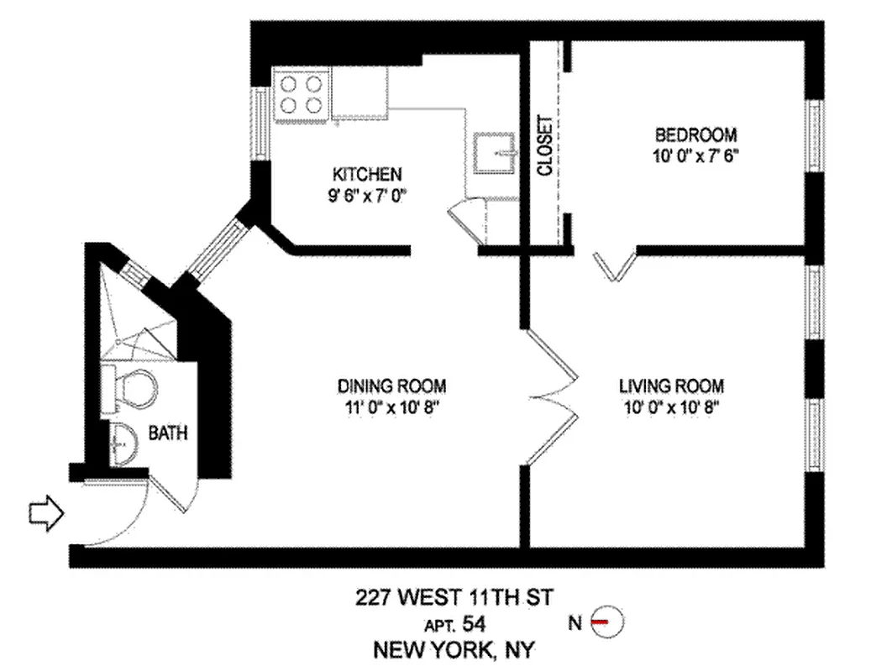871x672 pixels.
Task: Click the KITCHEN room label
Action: [x=367, y=175]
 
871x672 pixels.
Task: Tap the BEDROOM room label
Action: [x=696, y=134]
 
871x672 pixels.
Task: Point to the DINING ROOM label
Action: [x=391, y=386]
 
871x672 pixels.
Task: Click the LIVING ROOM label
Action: [x=671, y=386]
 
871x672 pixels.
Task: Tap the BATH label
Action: [x=168, y=434]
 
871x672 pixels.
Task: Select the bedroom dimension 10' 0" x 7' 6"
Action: [x=696, y=156]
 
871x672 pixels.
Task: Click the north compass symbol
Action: [x=607, y=622]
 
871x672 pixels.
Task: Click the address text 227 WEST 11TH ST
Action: [x=454, y=598]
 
